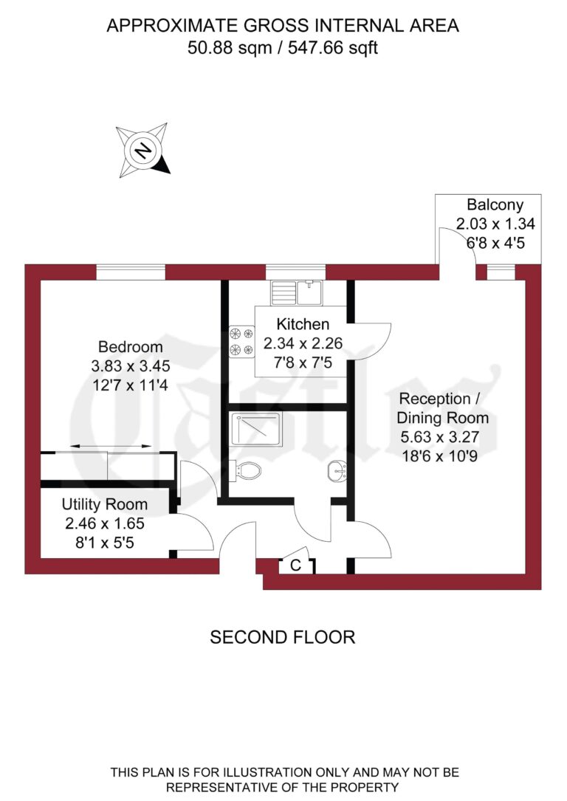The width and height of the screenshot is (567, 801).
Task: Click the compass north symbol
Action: coord(143,151)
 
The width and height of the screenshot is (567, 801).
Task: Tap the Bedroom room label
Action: coord(130,346)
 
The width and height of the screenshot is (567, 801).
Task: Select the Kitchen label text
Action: coord(302,323)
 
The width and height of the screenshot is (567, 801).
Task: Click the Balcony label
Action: coord(495,205)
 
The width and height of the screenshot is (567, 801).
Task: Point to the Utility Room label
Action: coord(104,505)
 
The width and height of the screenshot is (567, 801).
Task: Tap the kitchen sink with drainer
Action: coord(297,293)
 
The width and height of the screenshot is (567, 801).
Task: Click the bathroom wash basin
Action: coord(338,470)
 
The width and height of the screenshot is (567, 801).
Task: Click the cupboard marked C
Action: coord(295,566)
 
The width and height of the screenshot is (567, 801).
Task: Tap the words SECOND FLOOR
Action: coord(283,636)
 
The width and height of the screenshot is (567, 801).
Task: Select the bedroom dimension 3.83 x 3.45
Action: coord(130,365)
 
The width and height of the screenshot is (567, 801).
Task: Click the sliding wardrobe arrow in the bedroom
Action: coord(111,447)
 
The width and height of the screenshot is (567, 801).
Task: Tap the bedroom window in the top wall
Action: coord(131,272)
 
